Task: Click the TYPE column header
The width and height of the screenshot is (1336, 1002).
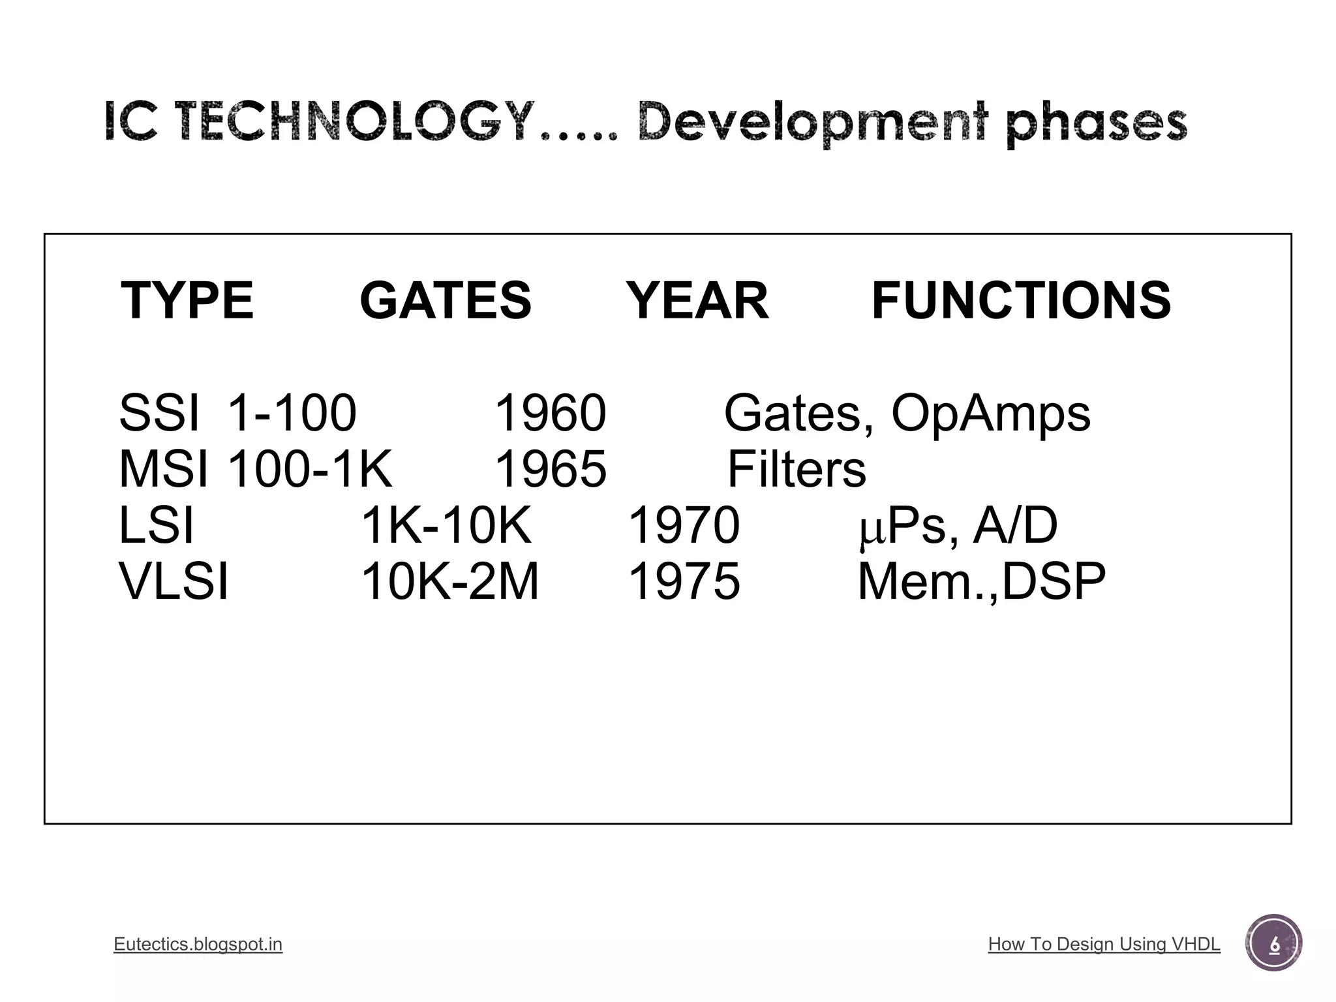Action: pyautogui.click(x=187, y=301)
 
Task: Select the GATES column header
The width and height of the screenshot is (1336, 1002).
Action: pyautogui.click(x=446, y=301)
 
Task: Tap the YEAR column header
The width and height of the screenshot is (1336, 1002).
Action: pyautogui.click(x=697, y=301)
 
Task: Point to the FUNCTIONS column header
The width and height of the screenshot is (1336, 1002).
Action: pyautogui.click(x=1021, y=301)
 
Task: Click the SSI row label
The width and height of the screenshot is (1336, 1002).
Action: pyautogui.click(x=159, y=413)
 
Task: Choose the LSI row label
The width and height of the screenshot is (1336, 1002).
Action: pyautogui.click(x=157, y=525)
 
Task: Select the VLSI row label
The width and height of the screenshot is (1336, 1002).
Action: pyautogui.click(x=174, y=581)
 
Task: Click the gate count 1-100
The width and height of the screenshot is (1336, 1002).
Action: pyautogui.click(x=292, y=413)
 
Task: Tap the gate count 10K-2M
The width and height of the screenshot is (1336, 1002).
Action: pyautogui.click(x=450, y=581)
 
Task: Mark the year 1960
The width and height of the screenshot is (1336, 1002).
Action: pyautogui.click(x=551, y=413)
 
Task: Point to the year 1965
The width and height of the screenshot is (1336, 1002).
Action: pyautogui.click(x=551, y=469)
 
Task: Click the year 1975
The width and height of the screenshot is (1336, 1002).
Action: pyautogui.click(x=684, y=581)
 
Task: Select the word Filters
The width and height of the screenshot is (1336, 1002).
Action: pyautogui.click(x=797, y=469)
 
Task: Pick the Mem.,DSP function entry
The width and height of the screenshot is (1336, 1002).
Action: pyautogui.click(x=981, y=581)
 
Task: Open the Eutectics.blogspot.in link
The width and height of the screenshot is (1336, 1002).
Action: pyautogui.click(x=198, y=944)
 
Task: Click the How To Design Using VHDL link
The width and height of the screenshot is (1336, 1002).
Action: pyautogui.click(x=1104, y=944)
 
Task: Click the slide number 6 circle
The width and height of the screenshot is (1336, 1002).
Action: pyautogui.click(x=1273, y=944)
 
